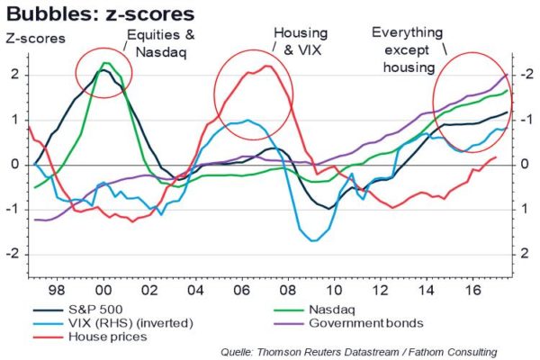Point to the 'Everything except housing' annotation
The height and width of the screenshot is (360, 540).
(407, 49)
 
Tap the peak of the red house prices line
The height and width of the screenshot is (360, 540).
(269, 67)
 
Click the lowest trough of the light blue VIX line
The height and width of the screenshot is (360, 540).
(312, 240)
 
